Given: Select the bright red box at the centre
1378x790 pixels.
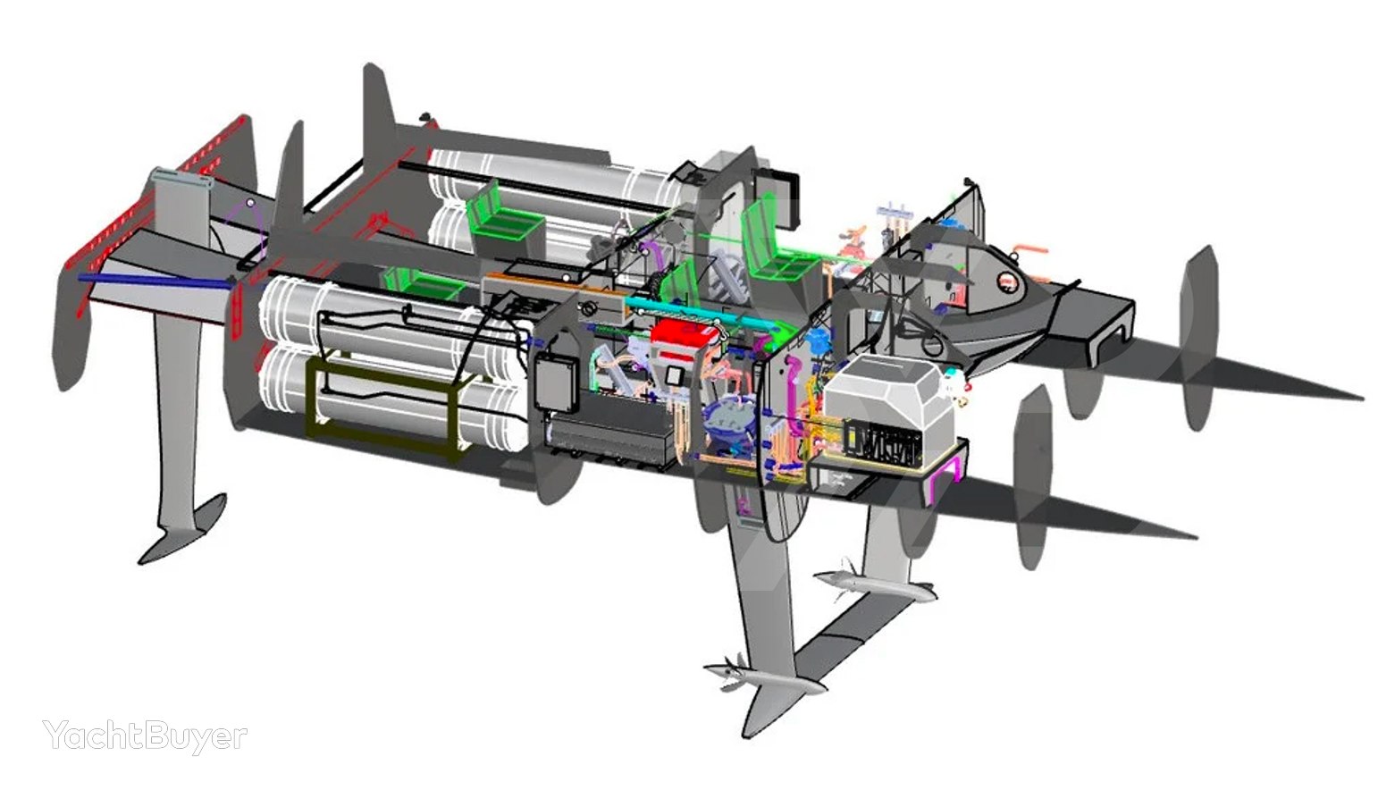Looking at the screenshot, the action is [x=684, y=340].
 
